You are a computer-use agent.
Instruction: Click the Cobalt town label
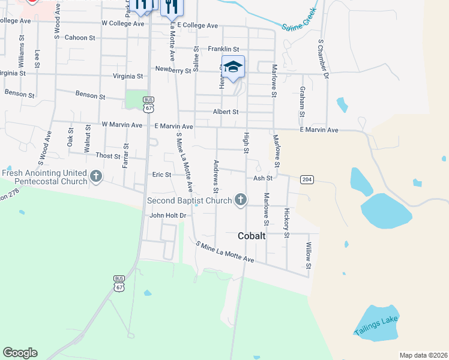click(x=252, y=236)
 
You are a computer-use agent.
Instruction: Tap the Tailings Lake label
click(x=376, y=325)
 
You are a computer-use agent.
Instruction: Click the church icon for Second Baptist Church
click(x=241, y=199)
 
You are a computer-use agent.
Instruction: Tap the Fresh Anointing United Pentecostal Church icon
click(x=96, y=176)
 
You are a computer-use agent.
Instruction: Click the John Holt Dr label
click(x=169, y=215)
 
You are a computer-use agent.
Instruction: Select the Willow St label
click(x=309, y=256)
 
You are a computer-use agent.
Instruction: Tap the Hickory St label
click(x=287, y=223)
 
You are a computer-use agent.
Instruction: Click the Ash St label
click(x=263, y=178)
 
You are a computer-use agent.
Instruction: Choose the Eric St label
click(x=161, y=175)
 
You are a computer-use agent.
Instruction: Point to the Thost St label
click(x=108, y=155)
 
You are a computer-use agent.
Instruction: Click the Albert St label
click(x=226, y=112)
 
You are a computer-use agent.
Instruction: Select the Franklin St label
click(x=223, y=49)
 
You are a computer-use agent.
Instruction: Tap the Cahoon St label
click(x=80, y=37)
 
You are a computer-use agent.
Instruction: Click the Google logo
click(x=20, y=353)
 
